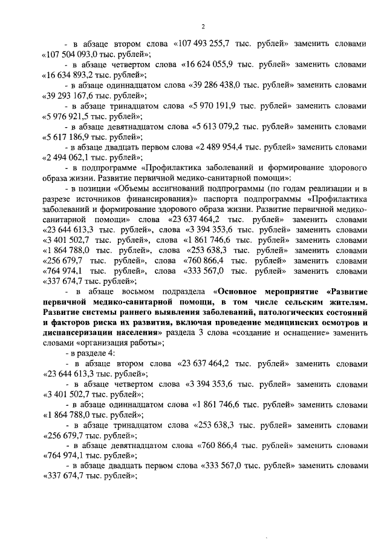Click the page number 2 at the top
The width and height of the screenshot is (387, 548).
(x=204, y=25)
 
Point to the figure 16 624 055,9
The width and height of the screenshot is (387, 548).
(x=210, y=64)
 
